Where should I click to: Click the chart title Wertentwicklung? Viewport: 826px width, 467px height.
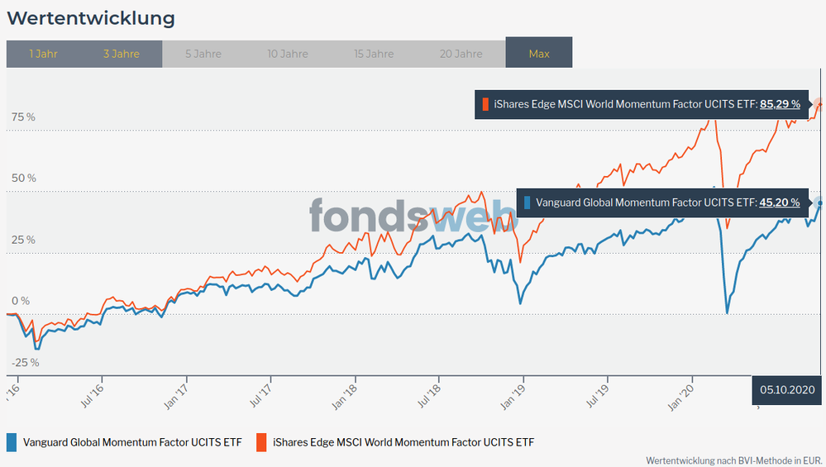[91, 17]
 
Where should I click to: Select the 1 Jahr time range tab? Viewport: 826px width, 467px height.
[43, 54]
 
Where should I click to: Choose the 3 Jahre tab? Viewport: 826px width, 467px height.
[122, 54]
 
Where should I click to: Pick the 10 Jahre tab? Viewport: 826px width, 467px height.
[288, 54]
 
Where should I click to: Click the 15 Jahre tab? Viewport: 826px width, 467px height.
[374, 54]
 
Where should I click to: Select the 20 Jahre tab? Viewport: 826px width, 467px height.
[461, 54]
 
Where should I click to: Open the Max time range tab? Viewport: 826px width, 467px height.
[539, 54]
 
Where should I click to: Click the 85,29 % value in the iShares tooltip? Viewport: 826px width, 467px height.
[780, 104]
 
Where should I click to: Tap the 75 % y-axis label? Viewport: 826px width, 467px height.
[23, 117]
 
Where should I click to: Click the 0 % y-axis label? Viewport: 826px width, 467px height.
[20, 301]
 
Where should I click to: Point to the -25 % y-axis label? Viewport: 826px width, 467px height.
[25, 362]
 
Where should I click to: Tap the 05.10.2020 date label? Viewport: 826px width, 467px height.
[787, 389]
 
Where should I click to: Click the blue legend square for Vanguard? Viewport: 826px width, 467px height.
[12, 442]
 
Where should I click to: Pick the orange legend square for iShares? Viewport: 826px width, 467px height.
[260, 442]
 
